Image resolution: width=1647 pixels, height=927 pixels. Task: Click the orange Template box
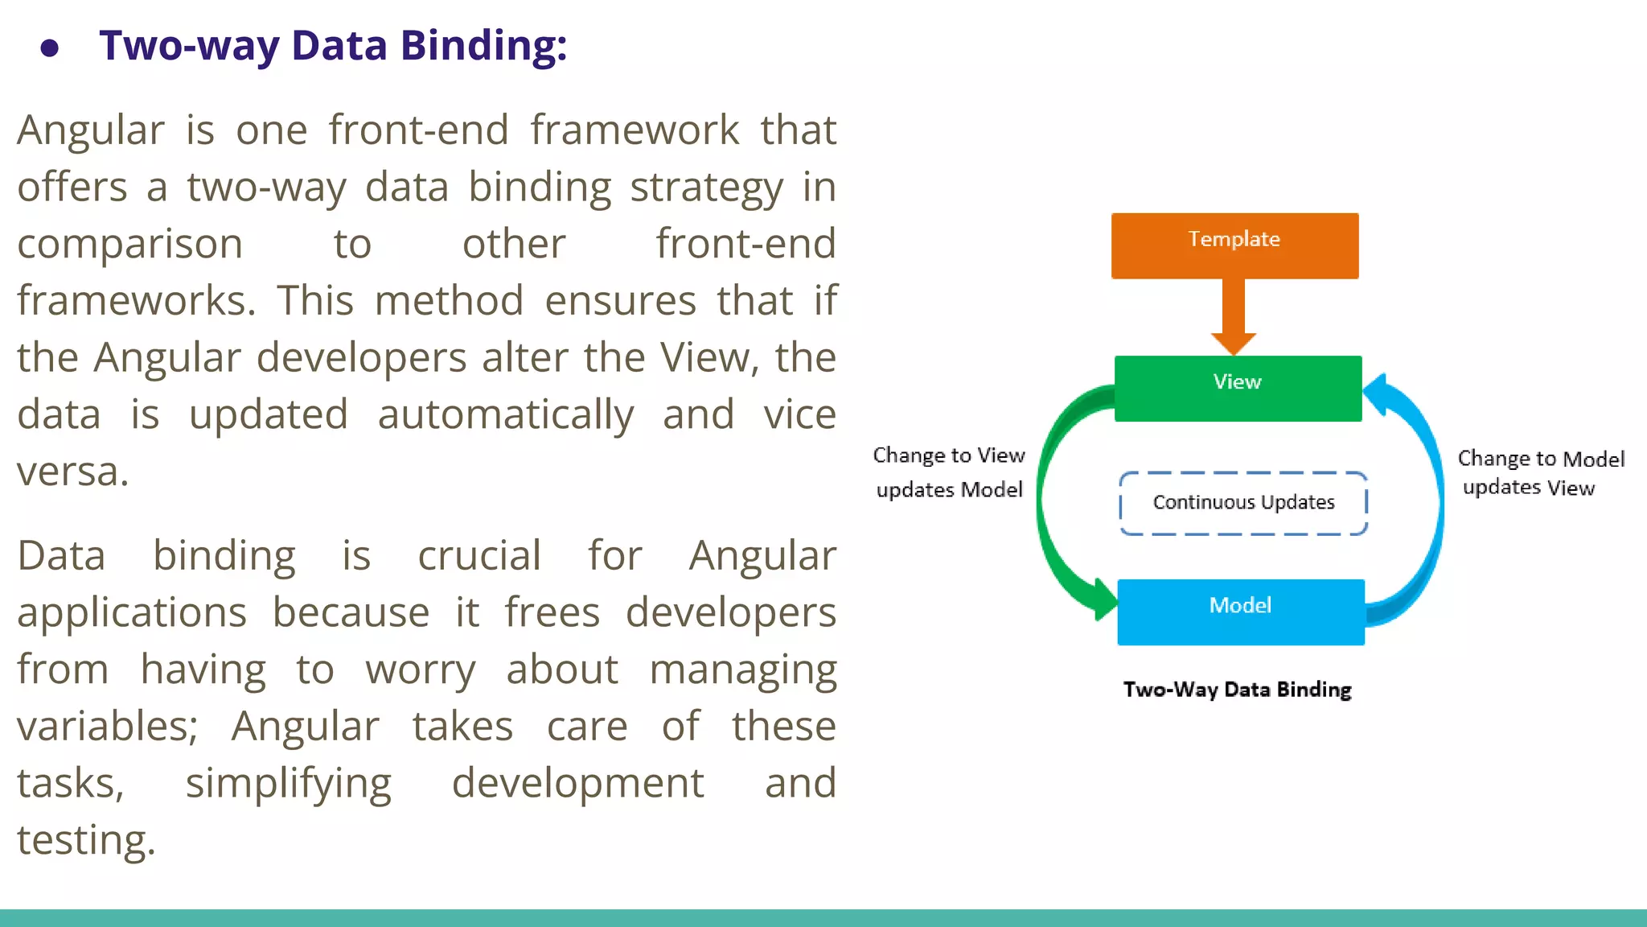tap(1234, 245)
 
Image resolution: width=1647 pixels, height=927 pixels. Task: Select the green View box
tap(1238, 388)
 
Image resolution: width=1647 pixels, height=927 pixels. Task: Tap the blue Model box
tap(1240, 612)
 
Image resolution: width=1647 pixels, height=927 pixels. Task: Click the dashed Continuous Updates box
tap(1242, 503)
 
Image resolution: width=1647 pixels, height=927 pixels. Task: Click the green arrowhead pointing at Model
tap(1104, 599)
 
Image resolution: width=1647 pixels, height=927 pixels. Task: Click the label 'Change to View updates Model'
tap(949, 472)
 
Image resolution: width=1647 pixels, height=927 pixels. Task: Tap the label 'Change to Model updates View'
tap(1539, 472)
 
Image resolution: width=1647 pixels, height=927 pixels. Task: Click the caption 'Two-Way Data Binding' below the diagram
tap(1237, 690)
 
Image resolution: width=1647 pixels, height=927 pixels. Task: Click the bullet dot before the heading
tap(50, 49)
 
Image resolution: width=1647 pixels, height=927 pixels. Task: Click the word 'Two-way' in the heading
tap(188, 46)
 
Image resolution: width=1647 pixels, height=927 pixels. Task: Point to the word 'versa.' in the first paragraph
tap(72, 472)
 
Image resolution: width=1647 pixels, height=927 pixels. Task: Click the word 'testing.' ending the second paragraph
tap(86, 841)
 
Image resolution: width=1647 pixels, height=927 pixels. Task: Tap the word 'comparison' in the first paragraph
tap(129, 245)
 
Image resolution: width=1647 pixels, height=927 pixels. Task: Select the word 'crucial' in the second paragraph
tap(479, 556)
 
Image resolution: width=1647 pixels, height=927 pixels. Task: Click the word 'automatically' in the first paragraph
tap(505, 416)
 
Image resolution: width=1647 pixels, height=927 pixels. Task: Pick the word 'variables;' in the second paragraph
tap(107, 727)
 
